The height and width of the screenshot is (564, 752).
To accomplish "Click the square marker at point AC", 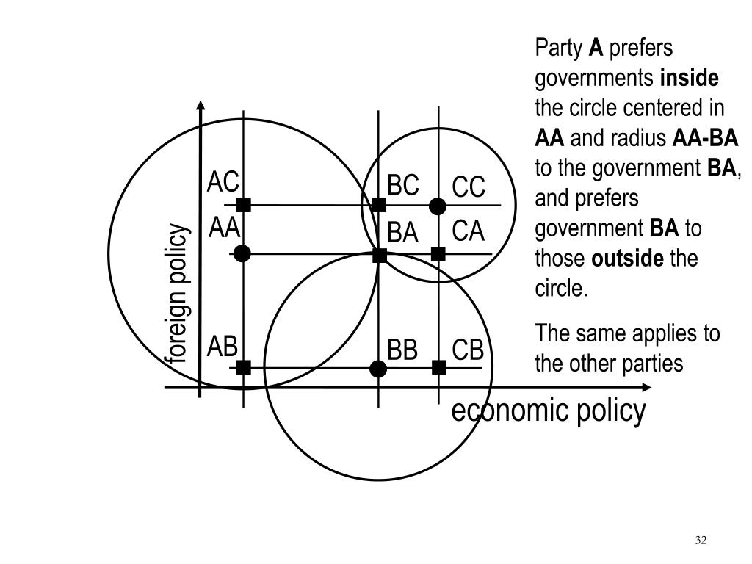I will tap(244, 205).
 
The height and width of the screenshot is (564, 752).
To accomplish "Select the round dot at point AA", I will tap(242, 253).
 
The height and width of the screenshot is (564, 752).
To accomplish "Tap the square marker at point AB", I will tap(244, 367).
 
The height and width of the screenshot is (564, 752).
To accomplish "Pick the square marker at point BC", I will tap(379, 205).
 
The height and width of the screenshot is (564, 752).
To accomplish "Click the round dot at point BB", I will tap(378, 368).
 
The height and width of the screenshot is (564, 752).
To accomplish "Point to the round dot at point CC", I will tap(438, 206).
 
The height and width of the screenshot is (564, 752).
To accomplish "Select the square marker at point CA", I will tap(438, 254).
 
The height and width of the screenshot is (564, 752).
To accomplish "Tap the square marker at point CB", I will tap(439, 367).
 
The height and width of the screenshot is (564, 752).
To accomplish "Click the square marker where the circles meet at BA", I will tap(380, 255).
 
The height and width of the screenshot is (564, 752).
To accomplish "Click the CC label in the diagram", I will tap(469, 187).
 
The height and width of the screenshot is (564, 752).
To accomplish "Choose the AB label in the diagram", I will tap(222, 347).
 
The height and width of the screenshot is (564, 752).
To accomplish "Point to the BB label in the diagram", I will tap(402, 350).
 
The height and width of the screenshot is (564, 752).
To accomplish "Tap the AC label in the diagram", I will tap(223, 181).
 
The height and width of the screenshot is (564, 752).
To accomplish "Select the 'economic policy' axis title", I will tap(549, 411).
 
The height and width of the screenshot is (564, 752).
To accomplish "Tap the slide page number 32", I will tap(700, 540).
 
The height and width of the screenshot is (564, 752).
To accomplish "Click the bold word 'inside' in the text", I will tap(690, 78).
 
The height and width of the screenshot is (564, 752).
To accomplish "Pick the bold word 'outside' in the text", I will tap(627, 258).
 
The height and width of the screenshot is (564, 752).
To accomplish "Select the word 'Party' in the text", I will tap(559, 48).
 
